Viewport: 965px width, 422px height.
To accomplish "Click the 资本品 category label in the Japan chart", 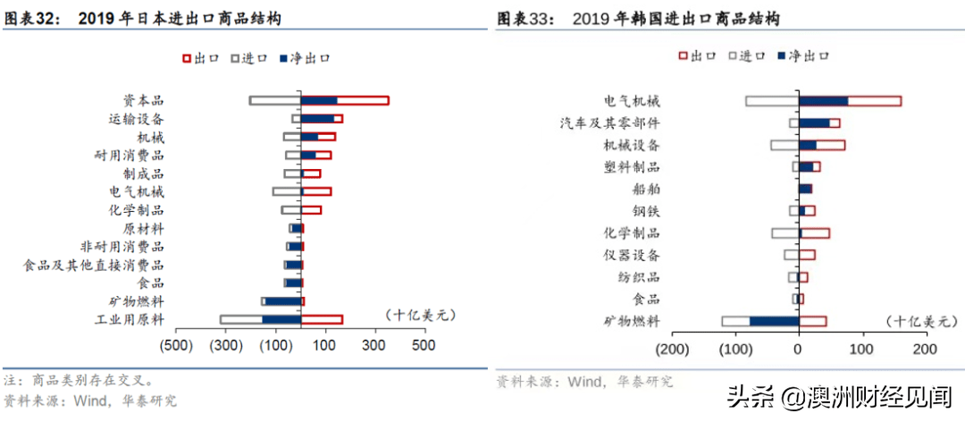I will click(x=143, y=100).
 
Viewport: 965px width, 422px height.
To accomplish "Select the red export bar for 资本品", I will click(x=362, y=100).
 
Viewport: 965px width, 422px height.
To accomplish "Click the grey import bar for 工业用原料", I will click(x=240, y=319).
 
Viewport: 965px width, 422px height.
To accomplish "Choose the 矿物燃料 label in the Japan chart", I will click(x=137, y=301).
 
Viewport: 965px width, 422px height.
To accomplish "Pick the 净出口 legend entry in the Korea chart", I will click(x=803, y=55).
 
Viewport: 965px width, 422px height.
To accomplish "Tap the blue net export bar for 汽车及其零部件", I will click(x=814, y=122).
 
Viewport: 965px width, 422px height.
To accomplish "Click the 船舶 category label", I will click(x=646, y=189).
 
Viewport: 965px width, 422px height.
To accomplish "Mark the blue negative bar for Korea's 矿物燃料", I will click(x=774, y=321).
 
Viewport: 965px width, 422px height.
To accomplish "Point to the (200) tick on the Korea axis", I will click(x=672, y=349).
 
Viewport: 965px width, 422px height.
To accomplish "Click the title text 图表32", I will click(x=32, y=17).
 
